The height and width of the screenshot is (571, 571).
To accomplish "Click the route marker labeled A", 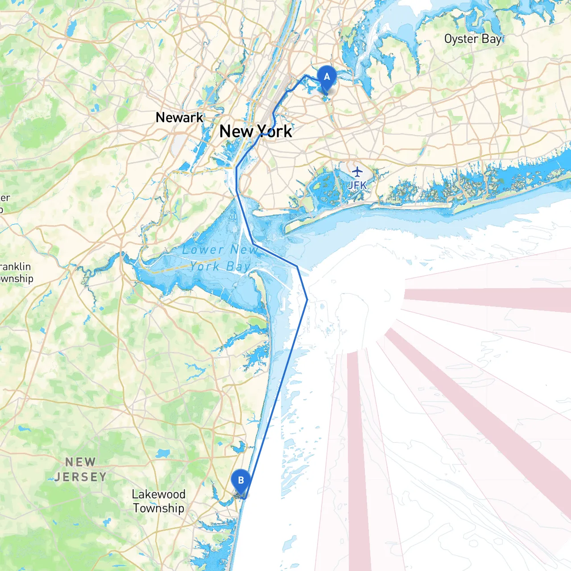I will click(x=327, y=77).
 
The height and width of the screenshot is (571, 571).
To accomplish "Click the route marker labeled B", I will click(x=241, y=481).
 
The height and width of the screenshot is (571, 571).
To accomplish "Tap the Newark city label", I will click(x=179, y=118).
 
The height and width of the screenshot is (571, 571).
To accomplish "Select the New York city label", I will click(x=256, y=132).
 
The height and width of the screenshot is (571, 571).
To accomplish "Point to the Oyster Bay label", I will click(x=473, y=39).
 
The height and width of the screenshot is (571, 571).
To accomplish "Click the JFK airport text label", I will click(x=357, y=185).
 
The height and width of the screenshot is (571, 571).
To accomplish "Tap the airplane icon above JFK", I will click(x=357, y=171).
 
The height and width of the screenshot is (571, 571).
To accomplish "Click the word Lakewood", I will click(x=158, y=494).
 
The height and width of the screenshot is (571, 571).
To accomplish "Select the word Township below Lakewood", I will click(x=158, y=508).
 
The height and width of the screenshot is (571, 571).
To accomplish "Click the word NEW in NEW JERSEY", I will click(x=81, y=462).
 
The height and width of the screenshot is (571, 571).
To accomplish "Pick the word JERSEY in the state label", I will click(x=81, y=477).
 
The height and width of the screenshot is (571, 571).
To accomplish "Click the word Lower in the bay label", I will click(x=203, y=250).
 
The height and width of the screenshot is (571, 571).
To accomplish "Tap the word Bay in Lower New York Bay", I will click(x=238, y=267).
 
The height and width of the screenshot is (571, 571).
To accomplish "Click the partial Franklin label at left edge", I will click(x=15, y=267).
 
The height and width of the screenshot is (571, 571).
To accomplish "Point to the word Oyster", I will click(x=461, y=39).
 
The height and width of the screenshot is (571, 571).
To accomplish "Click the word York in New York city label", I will click(x=275, y=132).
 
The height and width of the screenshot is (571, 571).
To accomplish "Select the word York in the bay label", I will click(x=205, y=267).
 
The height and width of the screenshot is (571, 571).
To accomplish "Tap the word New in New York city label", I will click(x=236, y=132).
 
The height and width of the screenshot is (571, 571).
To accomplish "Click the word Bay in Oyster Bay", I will click(x=492, y=39).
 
